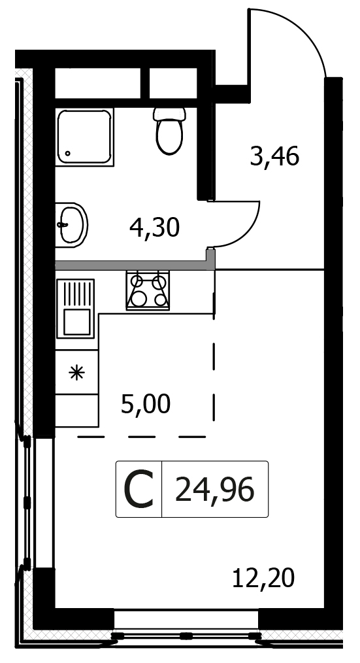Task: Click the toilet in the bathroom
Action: pyautogui.click(x=169, y=131)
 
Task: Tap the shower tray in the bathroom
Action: pyautogui.click(x=85, y=137)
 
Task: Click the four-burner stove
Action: pyautogui.click(x=148, y=290)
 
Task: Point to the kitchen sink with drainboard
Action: pyautogui.click(x=75, y=309)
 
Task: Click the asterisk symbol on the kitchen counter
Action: pyautogui.click(x=77, y=373)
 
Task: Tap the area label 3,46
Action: pyautogui.click(x=274, y=156)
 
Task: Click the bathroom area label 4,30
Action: pyautogui.click(x=155, y=228)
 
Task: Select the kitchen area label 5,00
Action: pyautogui.click(x=146, y=404)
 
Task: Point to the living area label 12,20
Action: pyautogui.click(x=263, y=578)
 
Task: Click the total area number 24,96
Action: pyautogui.click(x=215, y=489)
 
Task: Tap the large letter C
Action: pyautogui.click(x=139, y=490)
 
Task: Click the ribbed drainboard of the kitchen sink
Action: pyautogui.click(x=76, y=293)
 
